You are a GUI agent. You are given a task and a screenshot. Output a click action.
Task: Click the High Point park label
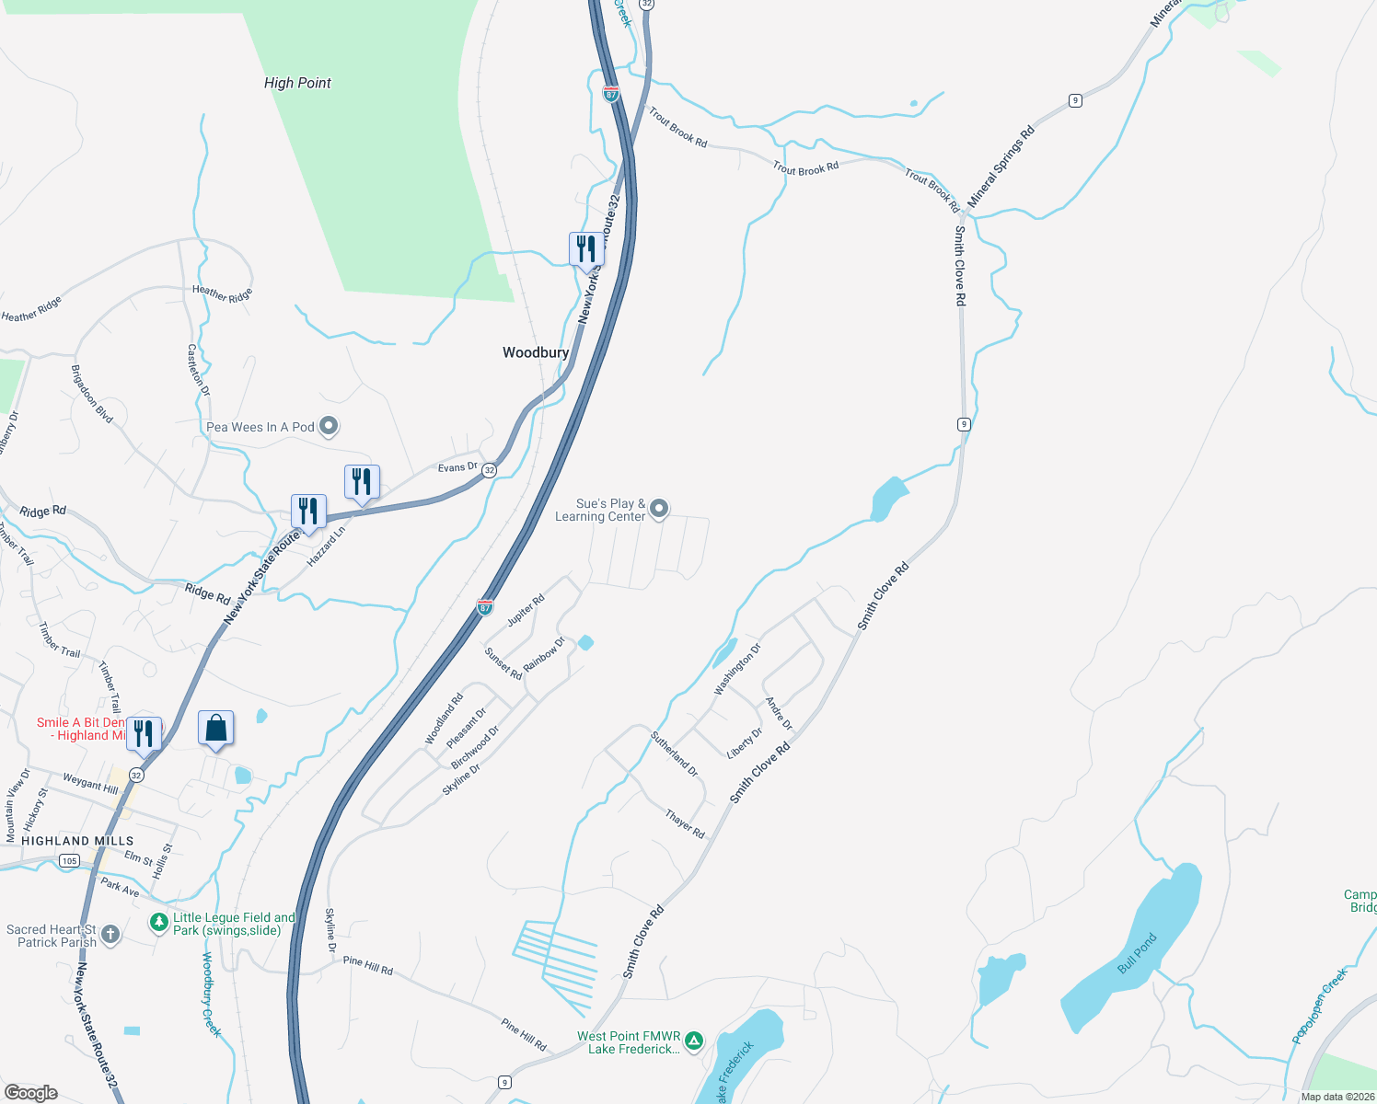297,83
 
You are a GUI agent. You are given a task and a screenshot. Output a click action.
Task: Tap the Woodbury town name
536,352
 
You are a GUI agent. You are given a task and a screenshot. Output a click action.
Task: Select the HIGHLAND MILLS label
77,841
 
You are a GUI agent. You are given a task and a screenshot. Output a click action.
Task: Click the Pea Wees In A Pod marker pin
329,427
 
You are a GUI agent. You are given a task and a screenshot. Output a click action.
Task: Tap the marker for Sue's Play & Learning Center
659,509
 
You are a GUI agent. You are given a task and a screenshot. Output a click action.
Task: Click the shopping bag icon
216,729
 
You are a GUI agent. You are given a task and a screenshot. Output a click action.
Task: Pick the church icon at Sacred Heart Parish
110,936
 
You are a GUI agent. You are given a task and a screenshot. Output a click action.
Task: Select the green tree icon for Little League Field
159,921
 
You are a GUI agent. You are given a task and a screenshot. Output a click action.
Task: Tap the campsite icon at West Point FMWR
694,1041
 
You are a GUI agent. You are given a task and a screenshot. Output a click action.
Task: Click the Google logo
31,1092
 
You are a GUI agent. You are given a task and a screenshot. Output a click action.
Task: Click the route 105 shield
69,861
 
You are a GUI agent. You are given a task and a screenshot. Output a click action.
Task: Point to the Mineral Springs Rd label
1001,166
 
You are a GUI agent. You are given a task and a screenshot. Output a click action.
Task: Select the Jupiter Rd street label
526,609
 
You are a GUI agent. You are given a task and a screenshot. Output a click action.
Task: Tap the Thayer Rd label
685,823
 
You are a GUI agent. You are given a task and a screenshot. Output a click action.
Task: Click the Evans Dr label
457,467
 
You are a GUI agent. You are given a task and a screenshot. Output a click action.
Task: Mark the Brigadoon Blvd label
92,394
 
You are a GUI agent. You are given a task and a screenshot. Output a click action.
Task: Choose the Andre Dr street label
779,714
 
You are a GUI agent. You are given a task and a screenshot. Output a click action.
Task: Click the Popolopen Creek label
1319,1006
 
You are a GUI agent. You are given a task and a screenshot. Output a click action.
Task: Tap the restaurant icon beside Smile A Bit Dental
144,734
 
